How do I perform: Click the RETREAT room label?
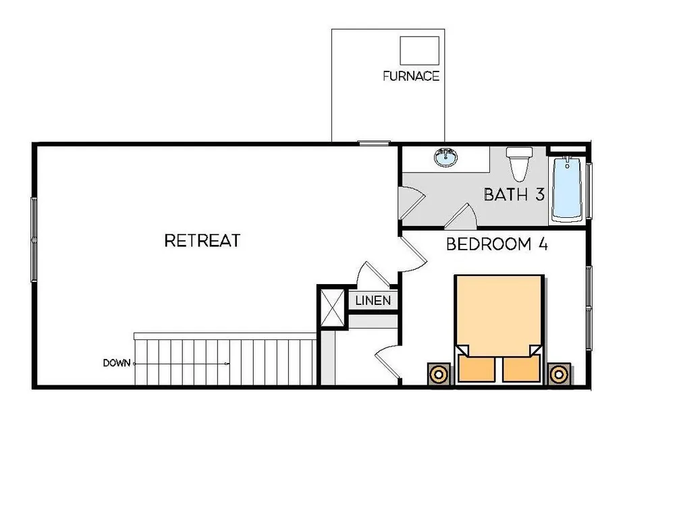pyautogui.click(x=202, y=241)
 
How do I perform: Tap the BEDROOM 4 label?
pyautogui.click(x=497, y=244)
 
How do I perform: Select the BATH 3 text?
pyautogui.click(x=514, y=194)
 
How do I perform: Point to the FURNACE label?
pyautogui.click(x=411, y=76)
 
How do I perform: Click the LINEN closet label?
pyautogui.click(x=373, y=300)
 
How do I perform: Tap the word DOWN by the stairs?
pyautogui.click(x=116, y=363)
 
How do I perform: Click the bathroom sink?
pyautogui.click(x=446, y=157)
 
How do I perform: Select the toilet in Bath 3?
pyautogui.click(x=519, y=163)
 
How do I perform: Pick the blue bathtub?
pyautogui.click(x=568, y=188)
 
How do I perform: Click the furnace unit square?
pyautogui.click(x=419, y=51)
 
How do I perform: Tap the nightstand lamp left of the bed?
pyautogui.click(x=439, y=374)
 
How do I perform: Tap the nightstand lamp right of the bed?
pyautogui.click(x=559, y=374)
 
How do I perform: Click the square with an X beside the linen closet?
pyautogui.click(x=333, y=307)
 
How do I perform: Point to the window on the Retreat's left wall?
pyautogui.click(x=34, y=240)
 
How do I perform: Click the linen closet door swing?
pyautogui.click(x=373, y=275)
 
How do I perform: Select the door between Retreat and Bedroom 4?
pyautogui.click(x=413, y=254)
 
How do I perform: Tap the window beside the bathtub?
pyautogui.click(x=589, y=191)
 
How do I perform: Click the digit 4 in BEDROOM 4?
pyautogui.click(x=543, y=244)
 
